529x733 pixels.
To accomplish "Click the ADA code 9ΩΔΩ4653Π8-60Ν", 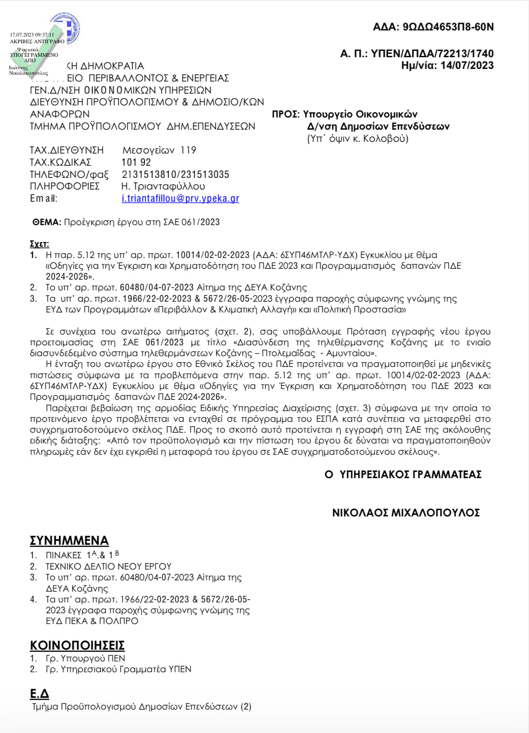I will pyautogui.click(x=448, y=27).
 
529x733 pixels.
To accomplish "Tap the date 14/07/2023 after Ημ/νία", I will pyautogui.click(x=467, y=65).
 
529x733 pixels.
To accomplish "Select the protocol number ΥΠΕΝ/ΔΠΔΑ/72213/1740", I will pyautogui.click(x=432, y=54).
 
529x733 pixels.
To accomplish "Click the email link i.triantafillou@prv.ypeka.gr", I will pyautogui.click(x=180, y=199).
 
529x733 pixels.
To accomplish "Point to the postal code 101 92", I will pyautogui.click(x=136, y=162).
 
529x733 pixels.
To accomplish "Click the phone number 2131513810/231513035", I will pyautogui.click(x=175, y=174).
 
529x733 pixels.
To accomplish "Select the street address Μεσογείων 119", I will pyautogui.click(x=159, y=150).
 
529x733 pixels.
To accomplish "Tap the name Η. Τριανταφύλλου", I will pyautogui.click(x=163, y=186).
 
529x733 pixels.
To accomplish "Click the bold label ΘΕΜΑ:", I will pyautogui.click(x=46, y=222).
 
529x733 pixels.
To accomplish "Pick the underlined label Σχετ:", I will pyautogui.click(x=39, y=244).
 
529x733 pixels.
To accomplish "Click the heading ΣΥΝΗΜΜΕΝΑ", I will pyautogui.click(x=69, y=540).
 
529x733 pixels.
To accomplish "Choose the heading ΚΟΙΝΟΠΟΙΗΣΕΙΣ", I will pyautogui.click(x=77, y=645).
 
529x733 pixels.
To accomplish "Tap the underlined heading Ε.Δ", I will pyautogui.click(x=40, y=694).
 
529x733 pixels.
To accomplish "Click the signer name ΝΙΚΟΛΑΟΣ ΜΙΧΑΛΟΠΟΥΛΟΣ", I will pyautogui.click(x=406, y=513).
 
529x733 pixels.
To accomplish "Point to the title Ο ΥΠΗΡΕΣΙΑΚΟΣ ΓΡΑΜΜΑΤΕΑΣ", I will pyautogui.click(x=403, y=475).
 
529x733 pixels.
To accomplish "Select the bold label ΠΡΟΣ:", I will pyautogui.click(x=286, y=114).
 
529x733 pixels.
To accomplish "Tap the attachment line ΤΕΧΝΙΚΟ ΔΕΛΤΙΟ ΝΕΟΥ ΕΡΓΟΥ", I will pyautogui.click(x=108, y=566).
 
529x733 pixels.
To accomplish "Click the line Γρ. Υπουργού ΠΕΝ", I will pyautogui.click(x=85, y=658).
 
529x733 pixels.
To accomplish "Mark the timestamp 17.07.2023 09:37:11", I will pyautogui.click(x=32, y=35).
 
